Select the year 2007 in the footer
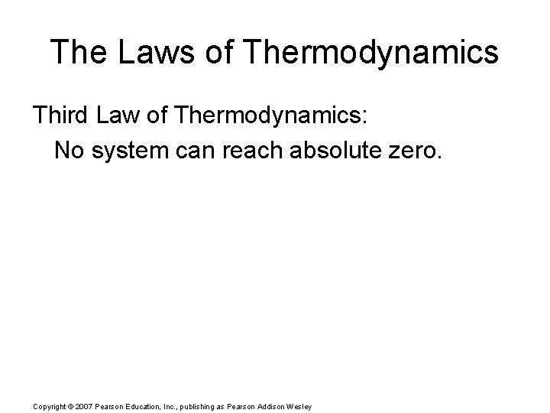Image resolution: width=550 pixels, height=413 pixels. pyautogui.click(x=86, y=406)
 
